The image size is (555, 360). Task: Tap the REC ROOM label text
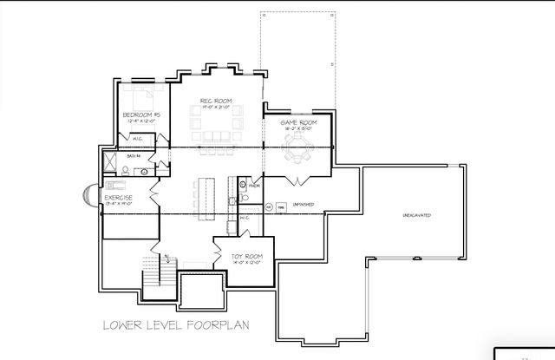tap(212, 101)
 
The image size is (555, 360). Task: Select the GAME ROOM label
tap(297, 123)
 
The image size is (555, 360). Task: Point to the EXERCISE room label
tap(118, 198)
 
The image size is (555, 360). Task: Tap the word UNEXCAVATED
tap(416, 214)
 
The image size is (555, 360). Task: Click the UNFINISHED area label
tap(302, 205)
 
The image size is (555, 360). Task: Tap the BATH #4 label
tap(134, 155)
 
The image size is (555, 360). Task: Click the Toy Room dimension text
tap(246, 262)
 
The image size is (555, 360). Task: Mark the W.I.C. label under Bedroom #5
tap(138, 139)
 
